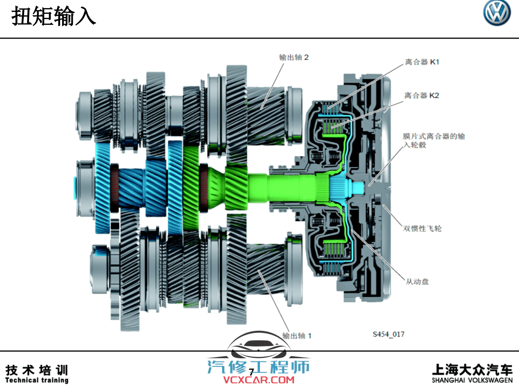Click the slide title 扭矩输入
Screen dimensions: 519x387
[54, 16]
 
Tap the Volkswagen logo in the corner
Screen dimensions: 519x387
[497, 13]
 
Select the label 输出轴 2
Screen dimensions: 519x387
[294, 57]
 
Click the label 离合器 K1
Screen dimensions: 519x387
[422, 62]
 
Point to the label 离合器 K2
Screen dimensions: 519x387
[422, 95]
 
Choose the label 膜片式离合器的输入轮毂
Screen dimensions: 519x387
[434, 140]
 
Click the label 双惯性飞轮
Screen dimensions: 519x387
[422, 228]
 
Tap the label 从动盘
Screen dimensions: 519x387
[417, 281]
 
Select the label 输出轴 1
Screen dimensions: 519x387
[297, 336]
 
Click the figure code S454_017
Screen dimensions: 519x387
[388, 334]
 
